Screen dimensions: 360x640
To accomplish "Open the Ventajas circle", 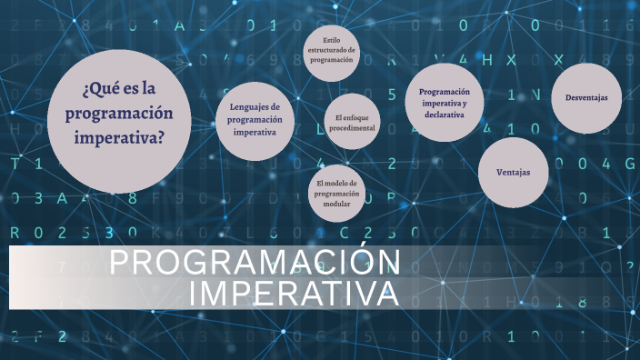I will click(514, 173).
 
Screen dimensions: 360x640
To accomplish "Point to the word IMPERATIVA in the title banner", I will click(295, 295).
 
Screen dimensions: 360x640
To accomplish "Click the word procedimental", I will click(353, 128).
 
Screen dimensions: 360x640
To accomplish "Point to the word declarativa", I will click(445, 115).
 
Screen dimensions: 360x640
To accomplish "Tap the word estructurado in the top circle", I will click(331, 49).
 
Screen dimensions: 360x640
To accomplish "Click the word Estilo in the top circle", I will click(331, 40).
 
